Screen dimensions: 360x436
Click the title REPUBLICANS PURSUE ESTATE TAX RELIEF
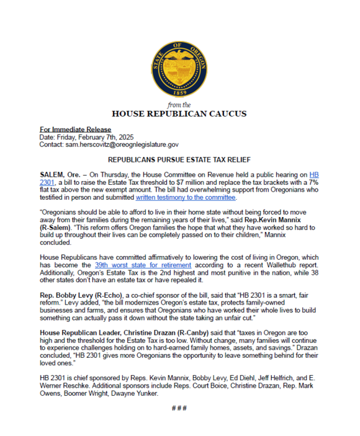tap(179, 159)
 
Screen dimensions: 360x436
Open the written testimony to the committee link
tap(186, 198)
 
